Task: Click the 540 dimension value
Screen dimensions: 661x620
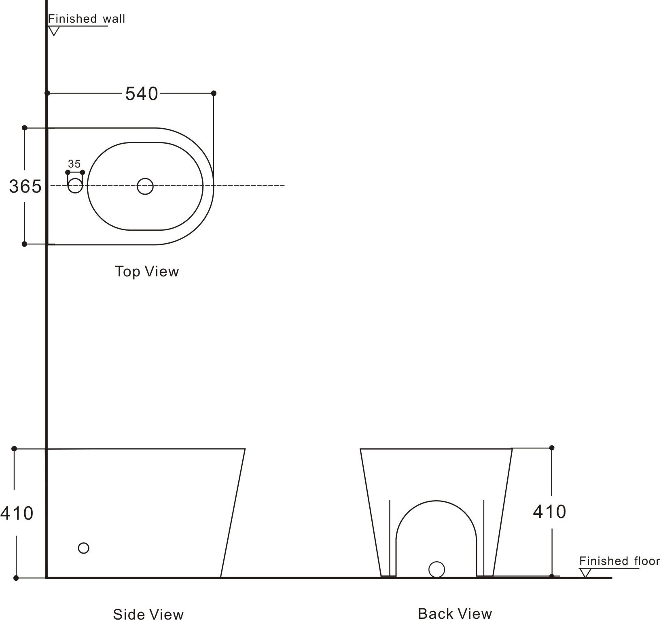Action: (142, 94)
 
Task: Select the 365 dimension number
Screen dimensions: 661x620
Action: (25, 187)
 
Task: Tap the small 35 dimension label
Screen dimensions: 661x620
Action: (74, 164)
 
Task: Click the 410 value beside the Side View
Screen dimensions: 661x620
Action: (17, 514)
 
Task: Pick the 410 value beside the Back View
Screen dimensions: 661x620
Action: (549, 512)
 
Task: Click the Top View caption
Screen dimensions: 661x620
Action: (147, 271)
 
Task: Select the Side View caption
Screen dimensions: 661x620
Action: (148, 614)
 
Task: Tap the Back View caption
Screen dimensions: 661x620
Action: (455, 614)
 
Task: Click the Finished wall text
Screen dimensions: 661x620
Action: (87, 19)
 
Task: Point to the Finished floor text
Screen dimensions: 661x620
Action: (619, 561)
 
